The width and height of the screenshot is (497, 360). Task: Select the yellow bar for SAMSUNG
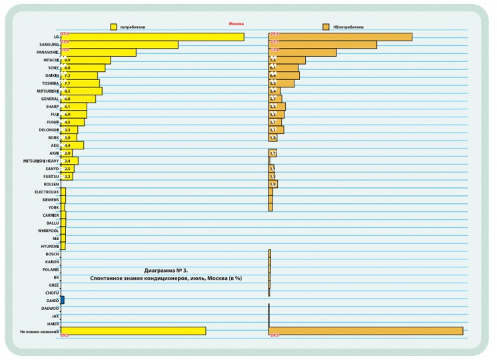click(x=119, y=45)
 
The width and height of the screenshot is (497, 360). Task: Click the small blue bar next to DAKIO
click(x=62, y=301)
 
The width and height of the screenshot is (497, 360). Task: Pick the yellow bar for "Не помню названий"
click(x=133, y=331)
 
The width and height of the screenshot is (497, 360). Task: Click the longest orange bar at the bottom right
click(x=366, y=331)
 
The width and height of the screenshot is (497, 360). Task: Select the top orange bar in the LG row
click(x=340, y=37)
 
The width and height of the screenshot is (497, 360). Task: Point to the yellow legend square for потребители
click(x=114, y=27)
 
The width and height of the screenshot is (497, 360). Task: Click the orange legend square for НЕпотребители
click(x=326, y=27)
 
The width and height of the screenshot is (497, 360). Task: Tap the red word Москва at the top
click(x=237, y=23)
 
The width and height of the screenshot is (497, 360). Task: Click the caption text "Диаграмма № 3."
click(x=167, y=270)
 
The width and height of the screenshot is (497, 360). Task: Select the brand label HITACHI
click(x=47, y=60)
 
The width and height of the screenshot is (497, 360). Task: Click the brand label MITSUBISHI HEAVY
click(x=41, y=161)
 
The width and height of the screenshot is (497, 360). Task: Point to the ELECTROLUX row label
click(x=47, y=191)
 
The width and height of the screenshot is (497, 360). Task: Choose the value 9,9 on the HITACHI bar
click(x=67, y=60)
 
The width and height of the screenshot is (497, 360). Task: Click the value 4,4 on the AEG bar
click(x=67, y=145)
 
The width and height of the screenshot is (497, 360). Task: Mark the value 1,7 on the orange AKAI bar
click(x=272, y=153)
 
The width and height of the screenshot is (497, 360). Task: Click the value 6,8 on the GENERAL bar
click(x=67, y=99)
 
